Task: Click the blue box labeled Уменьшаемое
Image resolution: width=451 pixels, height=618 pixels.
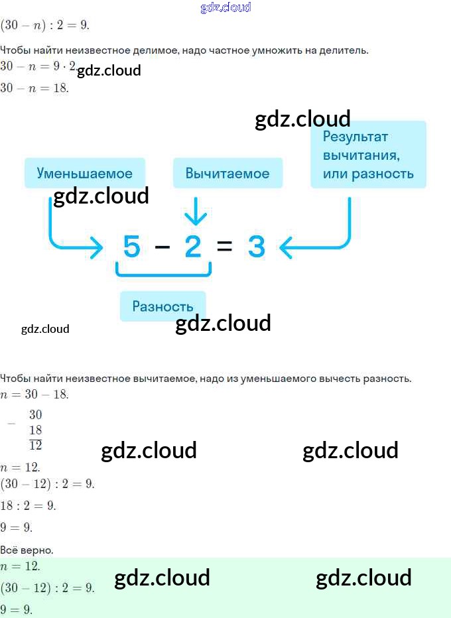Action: coord(85,173)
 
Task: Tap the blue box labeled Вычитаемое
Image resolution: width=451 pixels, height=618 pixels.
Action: coord(228,173)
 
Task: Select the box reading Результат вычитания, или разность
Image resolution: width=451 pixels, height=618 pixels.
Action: coord(368,154)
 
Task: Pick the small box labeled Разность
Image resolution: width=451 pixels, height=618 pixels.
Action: coord(162,306)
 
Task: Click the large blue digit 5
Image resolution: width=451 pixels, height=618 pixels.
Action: coord(132,246)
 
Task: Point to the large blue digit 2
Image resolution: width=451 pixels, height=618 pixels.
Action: coord(193,246)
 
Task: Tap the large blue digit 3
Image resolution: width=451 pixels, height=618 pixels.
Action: coord(256,246)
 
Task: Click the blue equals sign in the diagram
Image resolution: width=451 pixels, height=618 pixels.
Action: coord(224,246)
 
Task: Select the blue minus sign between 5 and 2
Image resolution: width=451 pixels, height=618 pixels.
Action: coord(162,247)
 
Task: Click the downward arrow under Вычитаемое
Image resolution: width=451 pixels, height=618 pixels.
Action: coord(196,212)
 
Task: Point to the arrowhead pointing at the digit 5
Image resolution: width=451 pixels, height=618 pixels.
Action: coord(97,247)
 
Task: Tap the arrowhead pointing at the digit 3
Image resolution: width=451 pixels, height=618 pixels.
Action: coord(285,247)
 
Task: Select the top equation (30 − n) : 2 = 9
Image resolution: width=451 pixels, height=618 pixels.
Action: coord(45,25)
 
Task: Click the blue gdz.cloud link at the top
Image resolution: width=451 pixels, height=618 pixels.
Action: coord(226,7)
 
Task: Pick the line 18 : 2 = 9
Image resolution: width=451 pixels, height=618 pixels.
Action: coord(28,505)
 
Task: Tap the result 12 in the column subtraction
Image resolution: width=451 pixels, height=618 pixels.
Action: coord(35,446)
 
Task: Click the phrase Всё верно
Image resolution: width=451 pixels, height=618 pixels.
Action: coord(27,550)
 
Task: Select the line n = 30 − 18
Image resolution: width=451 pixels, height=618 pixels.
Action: coord(34,394)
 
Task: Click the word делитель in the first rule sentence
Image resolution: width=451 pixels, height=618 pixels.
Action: coord(344,50)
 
